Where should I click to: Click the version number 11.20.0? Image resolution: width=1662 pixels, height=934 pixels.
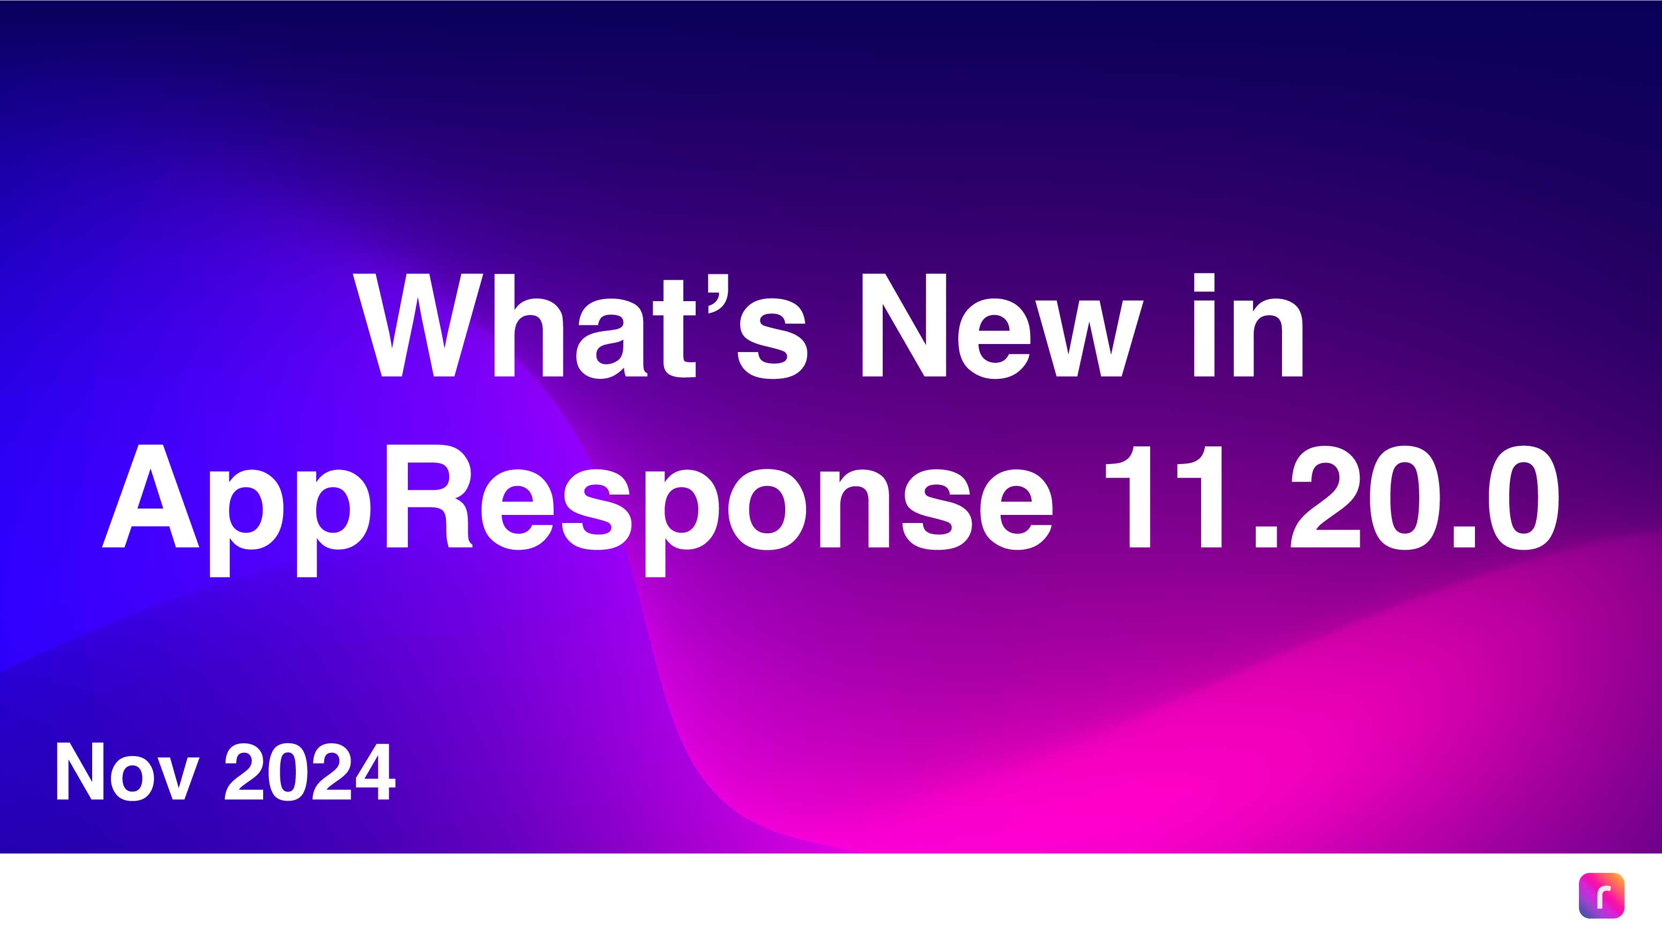tap(1332, 497)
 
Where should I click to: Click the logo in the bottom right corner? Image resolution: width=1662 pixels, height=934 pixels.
tap(1601, 895)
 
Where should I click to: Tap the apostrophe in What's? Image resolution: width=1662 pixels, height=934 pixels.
tap(718, 294)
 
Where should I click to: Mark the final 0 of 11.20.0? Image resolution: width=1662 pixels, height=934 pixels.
tap(1523, 497)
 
